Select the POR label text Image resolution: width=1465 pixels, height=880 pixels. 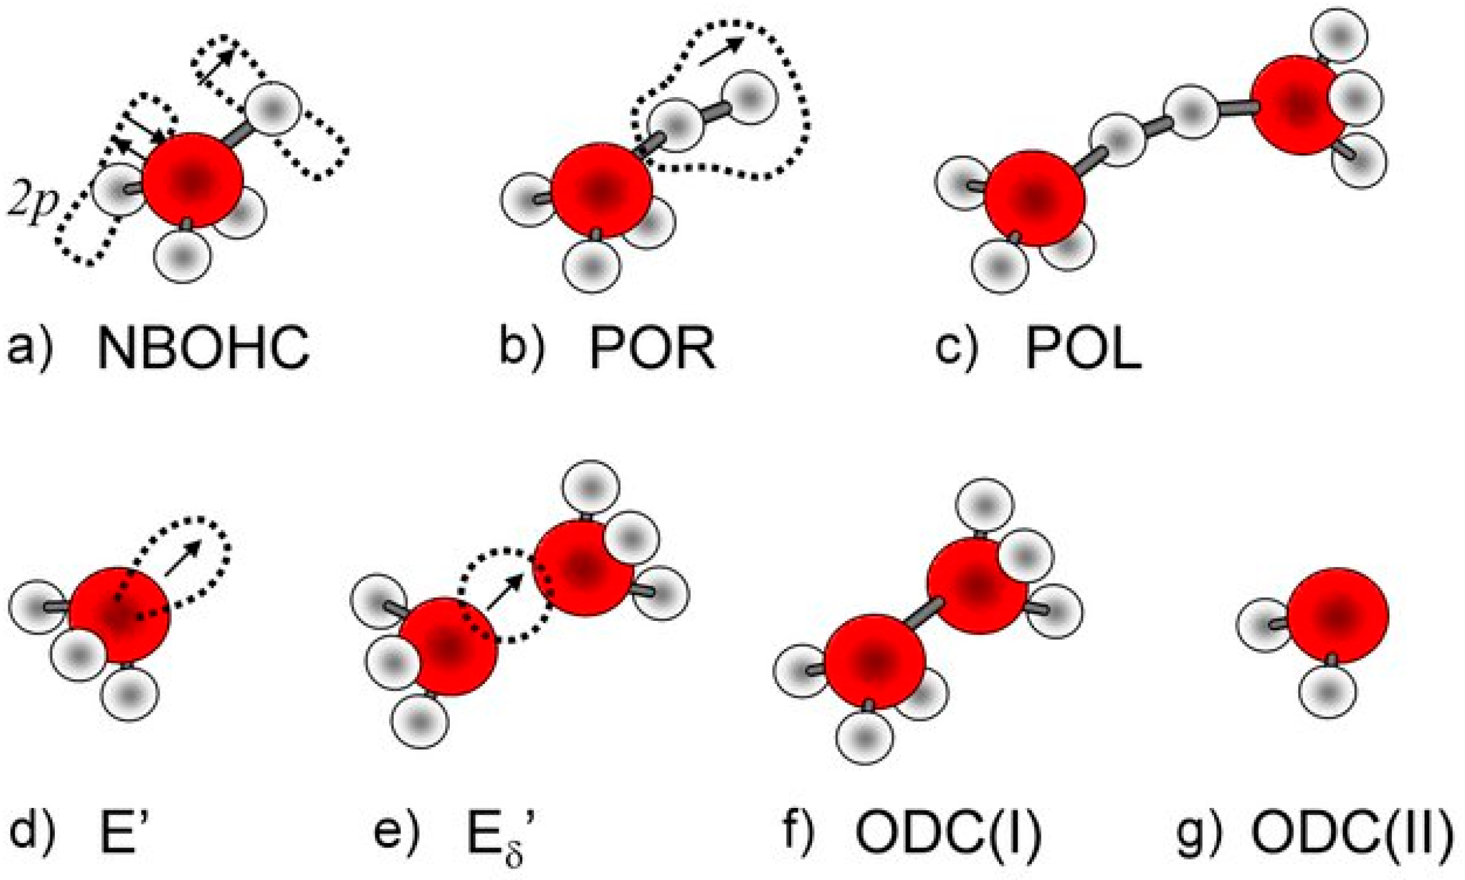point(652,348)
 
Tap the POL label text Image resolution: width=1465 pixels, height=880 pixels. point(1083,348)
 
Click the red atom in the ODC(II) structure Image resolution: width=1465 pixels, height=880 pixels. point(1338,615)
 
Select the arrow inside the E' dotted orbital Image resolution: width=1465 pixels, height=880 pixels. point(183,558)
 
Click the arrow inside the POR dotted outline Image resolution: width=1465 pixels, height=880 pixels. point(721,52)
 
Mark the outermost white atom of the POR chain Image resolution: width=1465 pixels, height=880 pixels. point(749,98)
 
